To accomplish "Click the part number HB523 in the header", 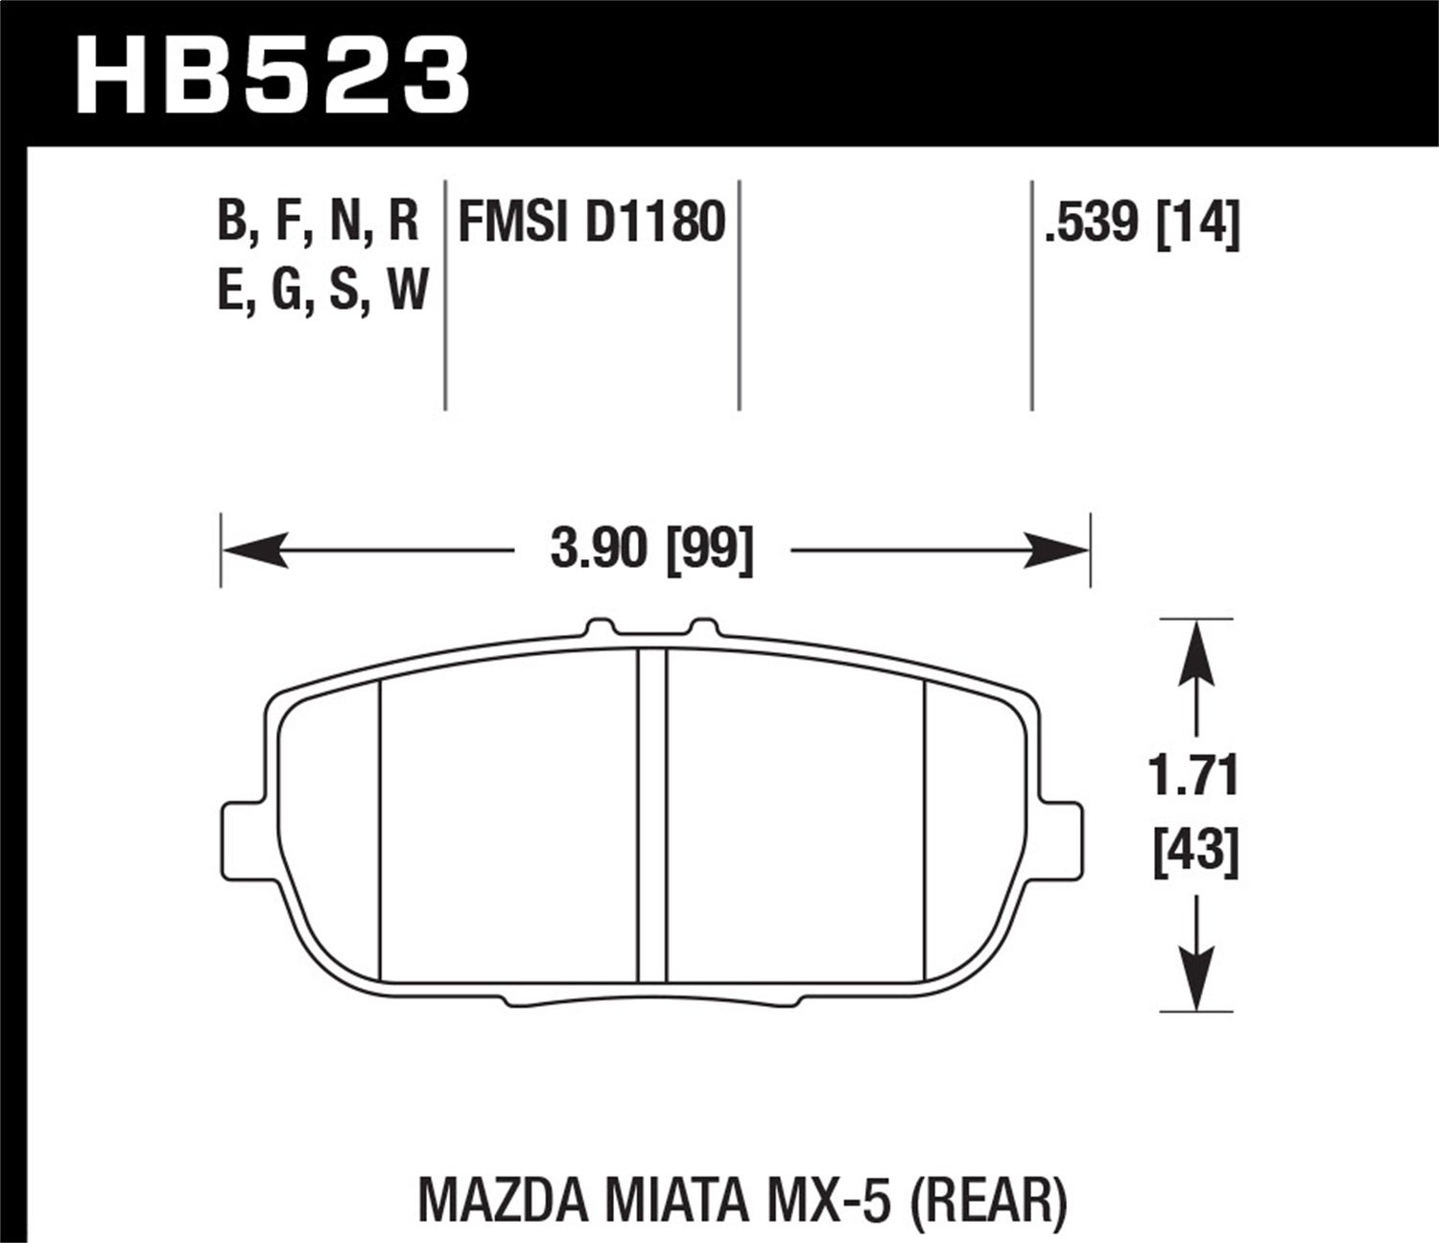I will (x=272, y=74).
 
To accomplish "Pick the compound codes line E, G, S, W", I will (x=322, y=290).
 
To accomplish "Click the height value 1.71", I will (x=1195, y=777).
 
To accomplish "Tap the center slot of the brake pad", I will (x=652, y=815).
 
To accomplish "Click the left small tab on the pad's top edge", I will (x=600, y=629).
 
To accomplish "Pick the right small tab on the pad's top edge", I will (x=705, y=629).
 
